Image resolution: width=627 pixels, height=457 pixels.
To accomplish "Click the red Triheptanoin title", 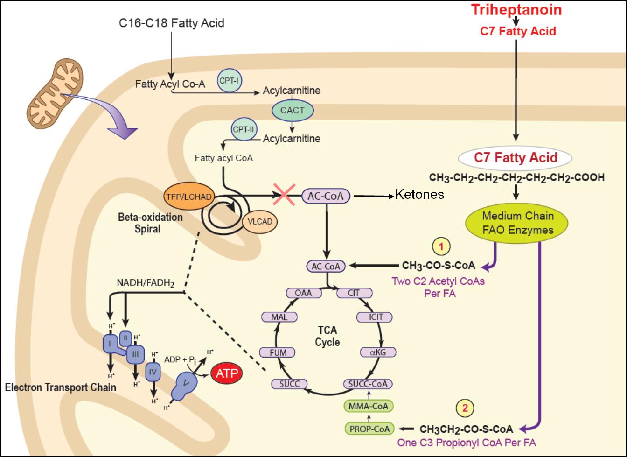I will tap(516, 10).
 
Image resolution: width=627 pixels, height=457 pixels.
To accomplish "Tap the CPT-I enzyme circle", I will tap(229, 80).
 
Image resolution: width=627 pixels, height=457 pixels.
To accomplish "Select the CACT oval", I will tap(293, 111).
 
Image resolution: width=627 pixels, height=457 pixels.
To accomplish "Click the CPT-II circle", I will tap(244, 129).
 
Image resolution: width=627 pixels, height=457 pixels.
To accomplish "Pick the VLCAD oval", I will tap(260, 222).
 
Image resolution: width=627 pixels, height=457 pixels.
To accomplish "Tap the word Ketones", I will tap(419, 195).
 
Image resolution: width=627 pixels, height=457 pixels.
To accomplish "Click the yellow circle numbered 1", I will tap(441, 246).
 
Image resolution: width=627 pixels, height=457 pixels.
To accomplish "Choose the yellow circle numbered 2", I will tap(464, 408).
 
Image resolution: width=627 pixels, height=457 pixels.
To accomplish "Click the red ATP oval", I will tap(227, 373).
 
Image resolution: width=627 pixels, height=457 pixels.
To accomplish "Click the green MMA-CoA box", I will tap(368, 406).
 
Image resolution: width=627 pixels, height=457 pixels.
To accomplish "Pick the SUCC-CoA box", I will tap(368, 384).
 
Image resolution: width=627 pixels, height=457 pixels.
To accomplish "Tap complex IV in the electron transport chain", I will tap(153, 372).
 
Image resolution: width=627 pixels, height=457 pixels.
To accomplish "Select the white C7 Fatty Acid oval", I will tap(516, 158).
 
